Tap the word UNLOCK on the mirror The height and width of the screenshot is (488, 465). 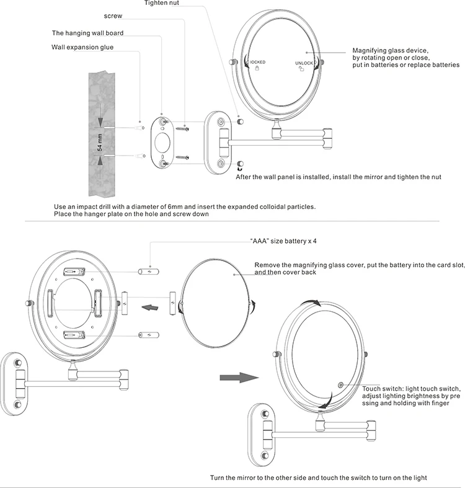304,63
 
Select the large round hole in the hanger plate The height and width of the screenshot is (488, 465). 164,140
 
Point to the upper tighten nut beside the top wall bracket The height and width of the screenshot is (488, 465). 241,118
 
